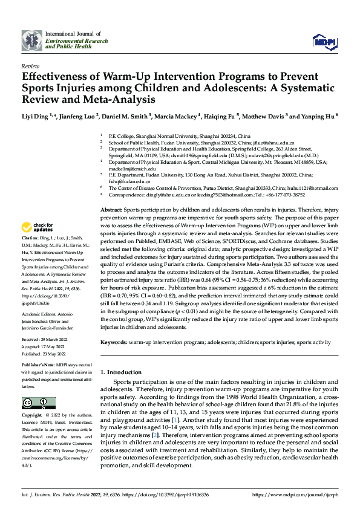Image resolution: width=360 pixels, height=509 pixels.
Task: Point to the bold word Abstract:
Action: (113, 208)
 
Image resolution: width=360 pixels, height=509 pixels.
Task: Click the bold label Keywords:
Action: (114, 342)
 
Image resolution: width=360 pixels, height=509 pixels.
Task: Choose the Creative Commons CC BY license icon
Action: (34, 403)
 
